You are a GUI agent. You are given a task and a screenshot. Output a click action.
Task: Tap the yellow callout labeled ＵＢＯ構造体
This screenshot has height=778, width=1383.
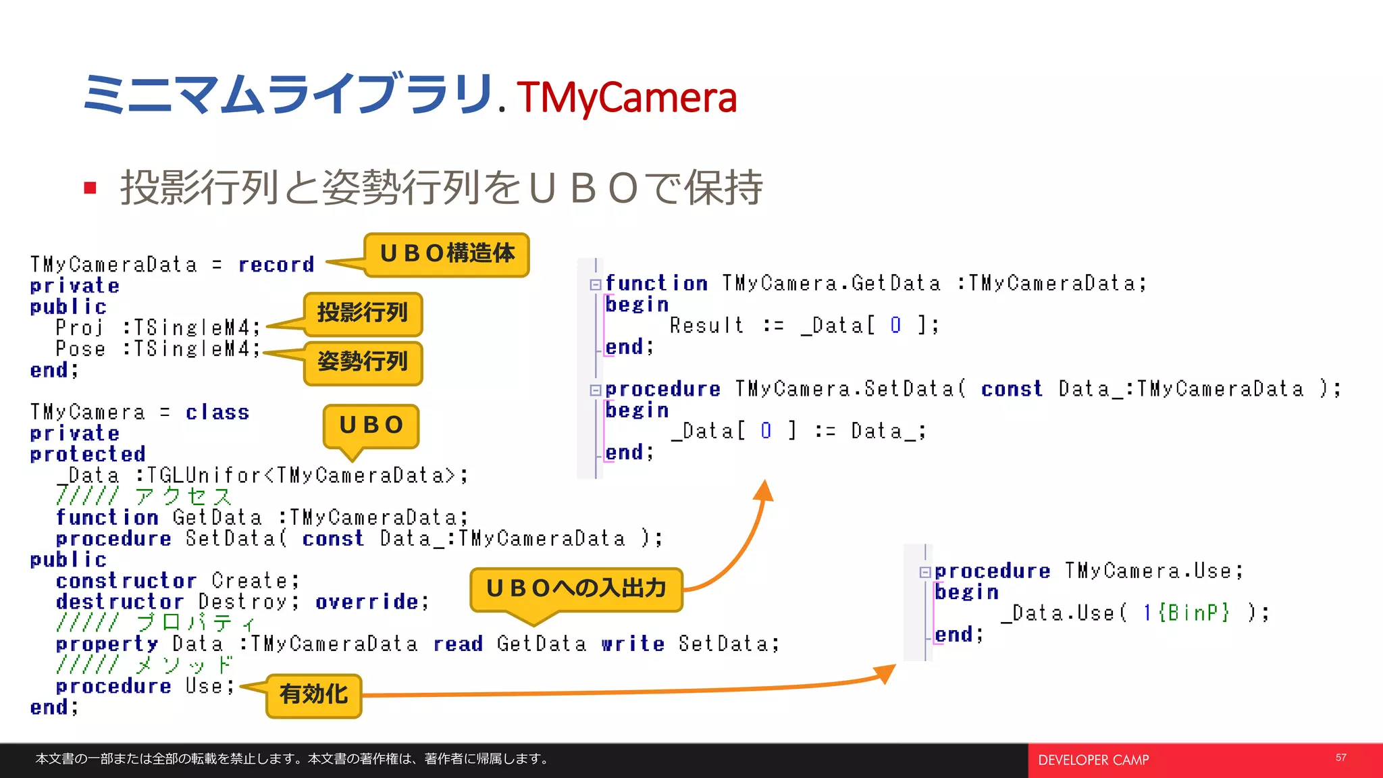(446, 255)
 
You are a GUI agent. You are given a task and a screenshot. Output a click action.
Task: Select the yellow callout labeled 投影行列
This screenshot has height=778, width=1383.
(363, 313)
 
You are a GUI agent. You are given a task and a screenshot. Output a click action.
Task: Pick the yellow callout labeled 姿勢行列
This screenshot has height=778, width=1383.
(363, 363)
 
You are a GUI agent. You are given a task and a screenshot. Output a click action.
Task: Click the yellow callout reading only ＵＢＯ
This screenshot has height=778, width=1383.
(371, 425)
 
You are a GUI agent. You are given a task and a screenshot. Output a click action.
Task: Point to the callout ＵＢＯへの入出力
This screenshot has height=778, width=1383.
(576, 589)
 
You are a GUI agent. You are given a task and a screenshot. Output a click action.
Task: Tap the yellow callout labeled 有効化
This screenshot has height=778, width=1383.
(313, 695)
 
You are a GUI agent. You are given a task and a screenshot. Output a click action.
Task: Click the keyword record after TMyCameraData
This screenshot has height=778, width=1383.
(276, 265)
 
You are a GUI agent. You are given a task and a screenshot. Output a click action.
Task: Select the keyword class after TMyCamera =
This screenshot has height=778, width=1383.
(217, 413)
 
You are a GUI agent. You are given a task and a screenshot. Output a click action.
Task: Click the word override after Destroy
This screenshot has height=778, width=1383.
(367, 602)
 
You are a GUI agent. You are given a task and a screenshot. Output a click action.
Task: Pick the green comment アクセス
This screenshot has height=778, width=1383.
(183, 496)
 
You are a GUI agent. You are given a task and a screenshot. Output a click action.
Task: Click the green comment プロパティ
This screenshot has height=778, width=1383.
(196, 623)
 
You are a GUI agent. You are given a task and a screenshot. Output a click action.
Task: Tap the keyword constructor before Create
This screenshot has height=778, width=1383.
(126, 581)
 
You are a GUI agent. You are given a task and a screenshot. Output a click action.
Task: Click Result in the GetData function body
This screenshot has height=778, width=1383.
(706, 326)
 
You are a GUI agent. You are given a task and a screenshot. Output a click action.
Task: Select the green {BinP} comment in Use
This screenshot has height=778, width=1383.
(1194, 613)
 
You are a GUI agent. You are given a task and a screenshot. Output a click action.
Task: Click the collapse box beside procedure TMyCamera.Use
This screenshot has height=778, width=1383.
(924, 572)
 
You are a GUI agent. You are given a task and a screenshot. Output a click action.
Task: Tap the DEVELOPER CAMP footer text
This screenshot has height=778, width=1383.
(1093, 760)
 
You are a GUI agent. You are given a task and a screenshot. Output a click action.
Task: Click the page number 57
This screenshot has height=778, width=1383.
(1340, 758)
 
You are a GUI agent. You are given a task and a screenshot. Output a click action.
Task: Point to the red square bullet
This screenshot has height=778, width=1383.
(90, 188)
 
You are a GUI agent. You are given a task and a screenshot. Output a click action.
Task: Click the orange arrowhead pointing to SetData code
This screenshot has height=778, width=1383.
(764, 490)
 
